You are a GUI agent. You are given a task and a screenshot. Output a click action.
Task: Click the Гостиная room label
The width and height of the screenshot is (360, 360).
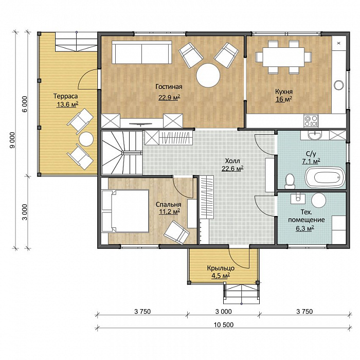tap(169, 87)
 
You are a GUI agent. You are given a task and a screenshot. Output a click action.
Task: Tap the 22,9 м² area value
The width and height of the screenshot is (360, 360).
tap(169, 98)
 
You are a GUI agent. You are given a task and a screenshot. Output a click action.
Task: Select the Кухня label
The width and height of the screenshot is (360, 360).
tap(284, 92)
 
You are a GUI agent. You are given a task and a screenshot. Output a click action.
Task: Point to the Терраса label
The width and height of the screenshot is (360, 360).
tap(65, 96)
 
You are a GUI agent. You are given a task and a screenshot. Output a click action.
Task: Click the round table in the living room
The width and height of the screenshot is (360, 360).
tap(208, 76)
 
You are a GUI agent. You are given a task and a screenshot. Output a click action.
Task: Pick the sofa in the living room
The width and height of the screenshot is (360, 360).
tap(142, 52)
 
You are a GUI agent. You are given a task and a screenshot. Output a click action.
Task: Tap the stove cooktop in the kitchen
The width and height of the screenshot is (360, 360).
tap(311, 121)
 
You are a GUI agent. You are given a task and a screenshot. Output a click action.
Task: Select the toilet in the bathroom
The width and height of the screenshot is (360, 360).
tap(290, 181)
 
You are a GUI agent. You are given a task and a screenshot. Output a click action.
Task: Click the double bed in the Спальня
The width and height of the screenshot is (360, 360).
tap(125, 211)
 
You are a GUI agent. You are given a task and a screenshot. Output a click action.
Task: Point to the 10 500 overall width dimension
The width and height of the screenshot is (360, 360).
tap(224, 325)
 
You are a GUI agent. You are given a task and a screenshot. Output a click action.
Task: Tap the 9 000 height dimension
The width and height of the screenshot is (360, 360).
tap(12, 140)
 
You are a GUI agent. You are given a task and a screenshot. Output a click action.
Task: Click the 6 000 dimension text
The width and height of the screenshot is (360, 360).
tap(25, 104)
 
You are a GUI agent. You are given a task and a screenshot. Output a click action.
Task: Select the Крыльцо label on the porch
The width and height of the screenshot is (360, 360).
tap(221, 268)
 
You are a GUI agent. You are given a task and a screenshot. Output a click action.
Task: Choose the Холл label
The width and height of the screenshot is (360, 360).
tap(232, 160)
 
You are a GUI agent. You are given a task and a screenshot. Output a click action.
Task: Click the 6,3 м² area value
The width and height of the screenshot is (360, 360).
tap(304, 229)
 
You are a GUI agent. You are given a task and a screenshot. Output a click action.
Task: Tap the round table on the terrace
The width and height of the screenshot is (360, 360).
tap(86, 139)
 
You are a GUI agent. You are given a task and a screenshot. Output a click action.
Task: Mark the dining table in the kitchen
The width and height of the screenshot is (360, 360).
tap(283, 57)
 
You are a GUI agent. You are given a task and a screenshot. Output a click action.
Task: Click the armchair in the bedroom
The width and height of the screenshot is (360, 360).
tap(177, 232)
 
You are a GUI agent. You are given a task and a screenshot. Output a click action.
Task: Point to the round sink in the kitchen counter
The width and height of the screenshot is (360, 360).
tap(339, 85)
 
